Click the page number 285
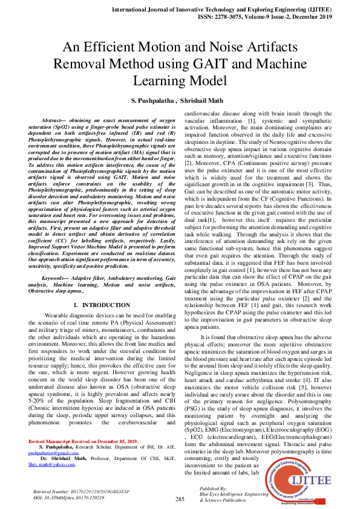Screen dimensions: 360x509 coord(180,499)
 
